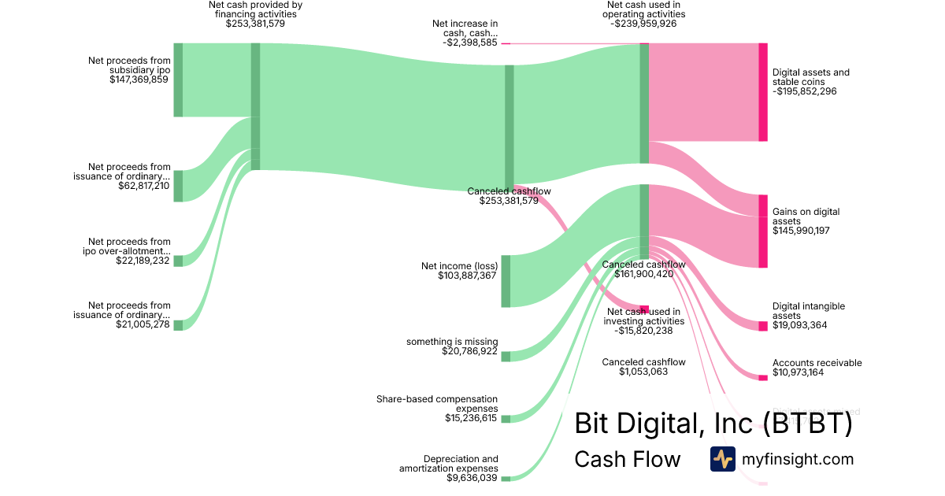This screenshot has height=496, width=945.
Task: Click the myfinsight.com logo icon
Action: coord(722,458)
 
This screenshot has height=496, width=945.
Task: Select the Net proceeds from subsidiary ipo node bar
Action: coord(178,80)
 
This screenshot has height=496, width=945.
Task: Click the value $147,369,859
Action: coord(139,79)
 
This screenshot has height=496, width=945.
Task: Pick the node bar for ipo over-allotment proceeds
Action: coord(178,261)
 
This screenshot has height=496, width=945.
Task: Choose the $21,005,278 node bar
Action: coord(178,325)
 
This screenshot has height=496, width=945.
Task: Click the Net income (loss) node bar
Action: coord(506,281)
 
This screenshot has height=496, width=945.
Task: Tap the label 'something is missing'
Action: coord(452,342)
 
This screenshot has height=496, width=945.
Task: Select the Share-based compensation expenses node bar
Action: coord(506,419)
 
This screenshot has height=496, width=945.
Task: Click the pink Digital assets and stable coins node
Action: coord(762,92)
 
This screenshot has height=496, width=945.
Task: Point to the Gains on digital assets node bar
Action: coord(762,231)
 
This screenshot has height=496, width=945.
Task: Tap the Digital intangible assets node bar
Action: coord(762,326)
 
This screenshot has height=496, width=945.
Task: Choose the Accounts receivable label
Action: coord(817,363)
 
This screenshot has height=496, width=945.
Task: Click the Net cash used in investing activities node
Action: coord(644,309)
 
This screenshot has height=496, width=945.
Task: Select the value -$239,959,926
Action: coord(643,24)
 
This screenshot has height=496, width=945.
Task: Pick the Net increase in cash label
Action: coord(465,28)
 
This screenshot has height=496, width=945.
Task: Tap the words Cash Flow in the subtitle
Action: coord(627,459)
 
